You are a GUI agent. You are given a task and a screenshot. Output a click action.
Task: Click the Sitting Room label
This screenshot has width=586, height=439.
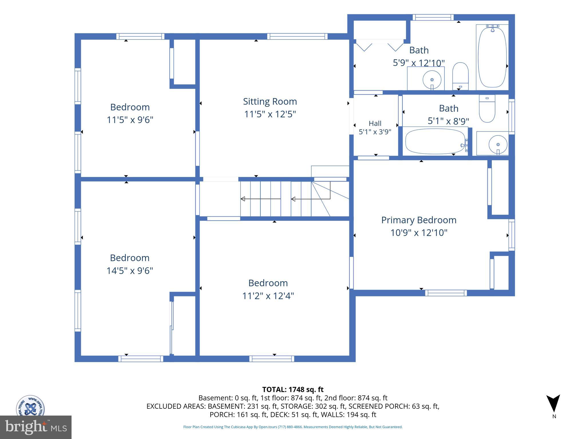click(x=270, y=101)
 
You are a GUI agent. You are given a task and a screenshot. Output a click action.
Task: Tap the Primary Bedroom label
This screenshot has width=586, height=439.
click(x=419, y=220)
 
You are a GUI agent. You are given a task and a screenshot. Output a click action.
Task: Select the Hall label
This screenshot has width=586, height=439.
click(x=375, y=123)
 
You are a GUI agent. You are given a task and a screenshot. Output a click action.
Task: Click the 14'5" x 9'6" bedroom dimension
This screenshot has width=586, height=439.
click(x=130, y=270)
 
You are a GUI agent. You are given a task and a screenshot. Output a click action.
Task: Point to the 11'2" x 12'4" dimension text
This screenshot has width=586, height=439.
click(x=268, y=296)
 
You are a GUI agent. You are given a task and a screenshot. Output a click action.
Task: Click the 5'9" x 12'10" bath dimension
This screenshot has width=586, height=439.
click(x=419, y=63)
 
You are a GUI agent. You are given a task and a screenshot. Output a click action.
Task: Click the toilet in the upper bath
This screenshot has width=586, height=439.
click(x=460, y=76)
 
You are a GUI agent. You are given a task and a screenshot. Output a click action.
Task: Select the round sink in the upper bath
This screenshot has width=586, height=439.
click(x=432, y=79)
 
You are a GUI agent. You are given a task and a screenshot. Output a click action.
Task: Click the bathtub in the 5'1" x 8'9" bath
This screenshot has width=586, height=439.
click(x=435, y=141)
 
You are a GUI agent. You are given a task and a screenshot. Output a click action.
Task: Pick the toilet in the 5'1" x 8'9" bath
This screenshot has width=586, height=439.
click(x=487, y=109)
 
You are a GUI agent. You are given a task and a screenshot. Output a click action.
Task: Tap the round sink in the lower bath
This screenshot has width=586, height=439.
click(x=498, y=144)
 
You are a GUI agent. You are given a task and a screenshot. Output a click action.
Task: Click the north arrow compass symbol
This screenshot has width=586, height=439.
click(x=553, y=403)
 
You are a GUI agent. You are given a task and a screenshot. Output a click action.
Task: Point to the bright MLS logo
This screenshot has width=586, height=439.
click(x=36, y=427)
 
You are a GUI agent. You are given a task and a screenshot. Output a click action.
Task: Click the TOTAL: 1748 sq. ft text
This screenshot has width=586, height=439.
click(x=293, y=390)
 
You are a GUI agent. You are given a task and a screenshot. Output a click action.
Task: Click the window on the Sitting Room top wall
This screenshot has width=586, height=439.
click(x=298, y=36)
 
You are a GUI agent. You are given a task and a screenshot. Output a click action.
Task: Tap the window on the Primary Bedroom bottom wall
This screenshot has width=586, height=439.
click(x=446, y=293)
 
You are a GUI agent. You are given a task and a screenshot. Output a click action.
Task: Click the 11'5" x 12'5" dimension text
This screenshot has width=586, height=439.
click(x=270, y=114)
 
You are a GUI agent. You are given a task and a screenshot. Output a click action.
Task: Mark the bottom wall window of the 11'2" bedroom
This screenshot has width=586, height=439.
click(x=272, y=359)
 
